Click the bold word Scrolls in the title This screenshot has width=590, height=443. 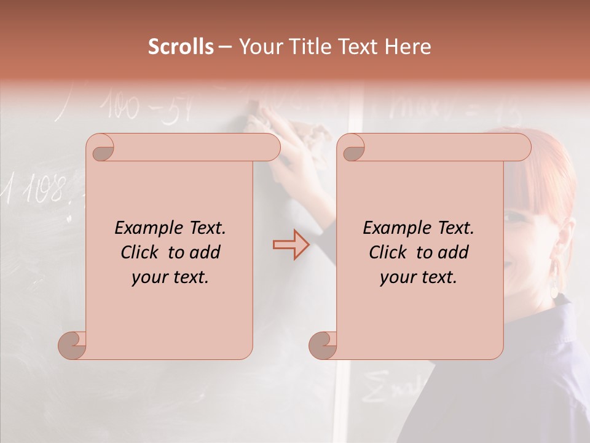(x=181, y=47)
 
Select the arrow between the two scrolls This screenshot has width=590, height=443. (x=291, y=244)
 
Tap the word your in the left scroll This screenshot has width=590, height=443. (x=149, y=277)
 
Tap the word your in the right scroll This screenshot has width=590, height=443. (x=398, y=277)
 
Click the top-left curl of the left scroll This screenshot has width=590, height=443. (x=100, y=148)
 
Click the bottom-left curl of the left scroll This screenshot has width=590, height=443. (x=72, y=346)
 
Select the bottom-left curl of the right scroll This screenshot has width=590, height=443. (x=323, y=346)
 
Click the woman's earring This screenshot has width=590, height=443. (x=557, y=278)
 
